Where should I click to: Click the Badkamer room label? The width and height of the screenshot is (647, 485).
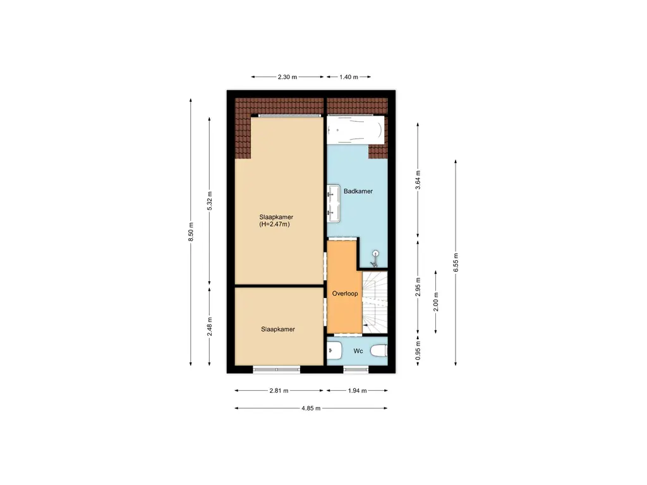click(358, 191)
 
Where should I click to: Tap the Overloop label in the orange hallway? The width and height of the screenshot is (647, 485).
click(345, 293)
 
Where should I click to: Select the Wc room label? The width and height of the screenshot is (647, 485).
click(358, 351)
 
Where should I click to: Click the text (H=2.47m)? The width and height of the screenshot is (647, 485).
click(274, 224)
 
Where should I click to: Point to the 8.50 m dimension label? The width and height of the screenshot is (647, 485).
click(190, 232)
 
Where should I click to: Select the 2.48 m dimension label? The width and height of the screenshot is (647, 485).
click(210, 326)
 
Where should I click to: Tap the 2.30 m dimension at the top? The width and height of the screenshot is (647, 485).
click(287, 77)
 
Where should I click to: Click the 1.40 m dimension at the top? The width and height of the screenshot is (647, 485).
click(349, 77)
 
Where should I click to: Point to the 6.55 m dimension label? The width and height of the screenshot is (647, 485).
click(456, 262)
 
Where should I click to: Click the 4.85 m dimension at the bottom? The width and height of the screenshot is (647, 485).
click(311, 409)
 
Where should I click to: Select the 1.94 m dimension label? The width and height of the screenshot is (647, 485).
click(357, 391)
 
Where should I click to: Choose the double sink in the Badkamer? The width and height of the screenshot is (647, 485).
click(333, 204)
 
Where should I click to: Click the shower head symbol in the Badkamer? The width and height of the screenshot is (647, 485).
click(375, 254)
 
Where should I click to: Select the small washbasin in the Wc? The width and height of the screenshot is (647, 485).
click(334, 351)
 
